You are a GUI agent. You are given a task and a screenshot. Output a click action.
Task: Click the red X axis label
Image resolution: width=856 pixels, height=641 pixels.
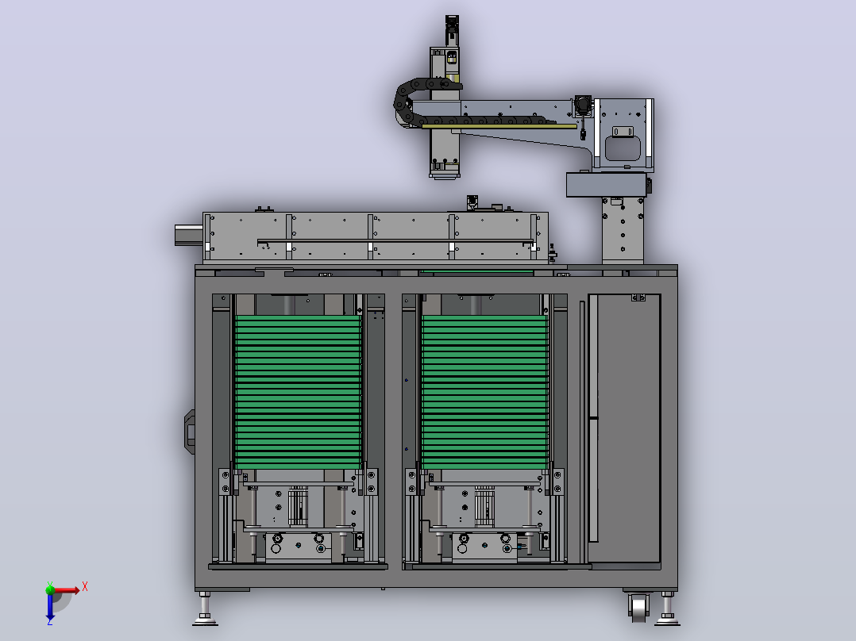[x=85, y=587]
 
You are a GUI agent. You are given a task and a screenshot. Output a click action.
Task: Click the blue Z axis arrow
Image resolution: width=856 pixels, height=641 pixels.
[x=50, y=607]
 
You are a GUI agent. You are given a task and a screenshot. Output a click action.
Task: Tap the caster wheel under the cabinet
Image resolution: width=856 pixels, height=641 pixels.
[x=638, y=607]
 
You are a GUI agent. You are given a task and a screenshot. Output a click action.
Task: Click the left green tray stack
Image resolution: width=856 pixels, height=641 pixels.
[x=298, y=392]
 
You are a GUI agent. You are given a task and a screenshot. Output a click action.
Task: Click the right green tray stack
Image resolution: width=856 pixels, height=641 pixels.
[x=484, y=392]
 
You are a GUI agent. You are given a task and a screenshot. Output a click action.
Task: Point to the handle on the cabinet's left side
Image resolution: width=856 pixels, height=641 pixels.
[x=190, y=432]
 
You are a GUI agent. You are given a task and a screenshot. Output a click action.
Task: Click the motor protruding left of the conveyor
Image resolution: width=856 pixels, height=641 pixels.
[x=189, y=235]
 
